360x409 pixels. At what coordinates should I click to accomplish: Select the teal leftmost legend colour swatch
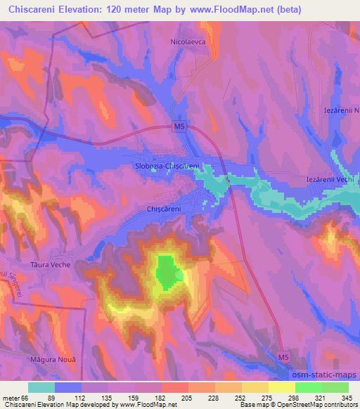pos(41,387)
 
